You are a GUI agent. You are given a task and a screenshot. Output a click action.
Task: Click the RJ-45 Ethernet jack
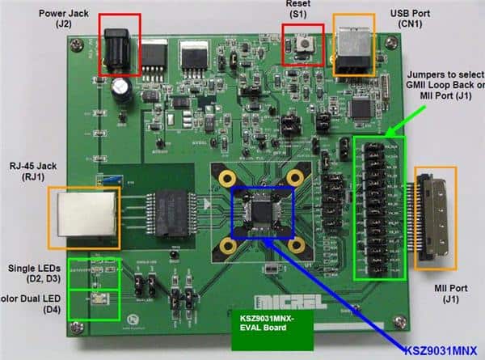pyautogui.click(x=83, y=217)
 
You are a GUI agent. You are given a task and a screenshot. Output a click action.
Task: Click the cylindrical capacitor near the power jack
pyautogui.click(x=123, y=90)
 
